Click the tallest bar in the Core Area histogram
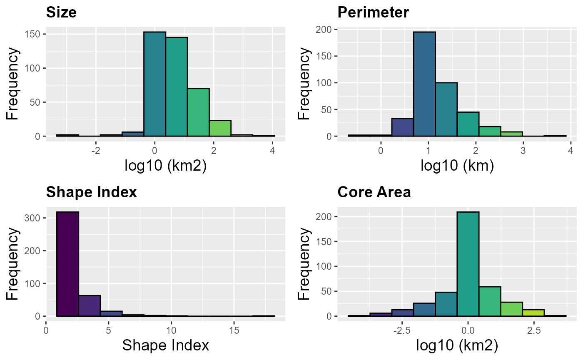pos(468,264)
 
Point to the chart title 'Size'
pos(61,12)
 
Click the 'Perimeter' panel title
pos(373,12)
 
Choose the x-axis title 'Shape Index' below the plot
pos(165,345)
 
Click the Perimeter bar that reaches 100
pos(446,109)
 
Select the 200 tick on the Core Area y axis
pos(326,217)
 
